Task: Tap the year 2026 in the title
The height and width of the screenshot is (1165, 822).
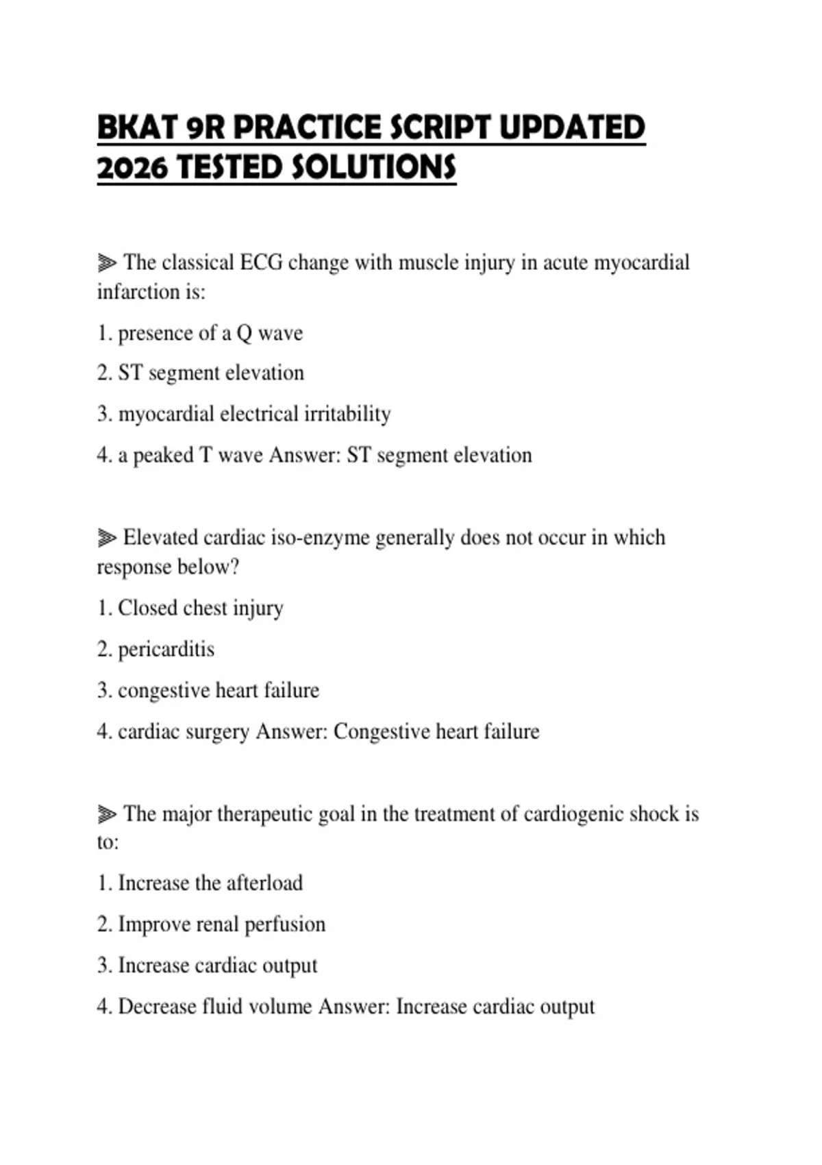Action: [x=132, y=168]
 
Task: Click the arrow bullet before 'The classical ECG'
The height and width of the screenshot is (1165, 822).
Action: [x=107, y=262]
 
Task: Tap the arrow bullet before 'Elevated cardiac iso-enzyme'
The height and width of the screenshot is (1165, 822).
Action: [x=107, y=538]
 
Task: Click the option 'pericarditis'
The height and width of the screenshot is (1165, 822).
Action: [x=166, y=650]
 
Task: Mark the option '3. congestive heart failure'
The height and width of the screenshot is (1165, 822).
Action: [x=208, y=690]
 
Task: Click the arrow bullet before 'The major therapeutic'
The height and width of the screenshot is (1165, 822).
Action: [x=107, y=814]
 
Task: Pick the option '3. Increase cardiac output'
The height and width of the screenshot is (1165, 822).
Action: [x=207, y=966]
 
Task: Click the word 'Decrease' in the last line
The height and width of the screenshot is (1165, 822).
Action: [x=157, y=1007]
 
